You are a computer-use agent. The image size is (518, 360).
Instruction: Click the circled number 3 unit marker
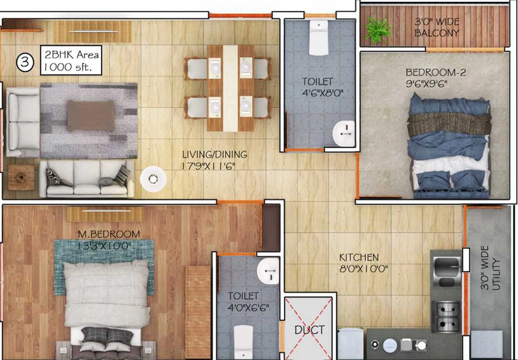point(25,62)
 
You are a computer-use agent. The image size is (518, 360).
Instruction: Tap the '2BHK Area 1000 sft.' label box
point(71,60)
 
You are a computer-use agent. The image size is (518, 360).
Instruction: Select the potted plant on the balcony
point(377,30)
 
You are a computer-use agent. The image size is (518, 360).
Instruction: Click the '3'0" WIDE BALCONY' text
point(437,27)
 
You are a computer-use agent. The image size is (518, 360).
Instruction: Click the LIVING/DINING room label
point(214,154)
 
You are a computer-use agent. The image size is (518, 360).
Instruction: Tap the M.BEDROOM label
point(109,234)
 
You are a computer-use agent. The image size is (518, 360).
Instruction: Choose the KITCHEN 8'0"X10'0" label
point(363,263)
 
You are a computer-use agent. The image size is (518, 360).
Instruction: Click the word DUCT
point(309,329)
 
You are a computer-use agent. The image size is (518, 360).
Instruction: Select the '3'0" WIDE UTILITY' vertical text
point(490,268)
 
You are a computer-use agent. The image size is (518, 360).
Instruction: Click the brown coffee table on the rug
point(91,116)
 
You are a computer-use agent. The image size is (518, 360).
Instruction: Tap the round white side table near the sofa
point(153,179)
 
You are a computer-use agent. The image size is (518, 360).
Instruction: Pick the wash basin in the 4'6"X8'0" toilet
point(344,134)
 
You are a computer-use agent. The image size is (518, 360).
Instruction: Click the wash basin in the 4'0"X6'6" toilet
point(269,271)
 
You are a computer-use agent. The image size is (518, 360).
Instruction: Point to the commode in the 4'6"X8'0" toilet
point(319,37)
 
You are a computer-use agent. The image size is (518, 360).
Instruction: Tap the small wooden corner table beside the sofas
point(21,177)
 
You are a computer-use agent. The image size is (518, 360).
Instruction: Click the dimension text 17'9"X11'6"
point(209,166)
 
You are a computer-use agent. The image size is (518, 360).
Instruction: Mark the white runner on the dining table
point(230,88)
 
